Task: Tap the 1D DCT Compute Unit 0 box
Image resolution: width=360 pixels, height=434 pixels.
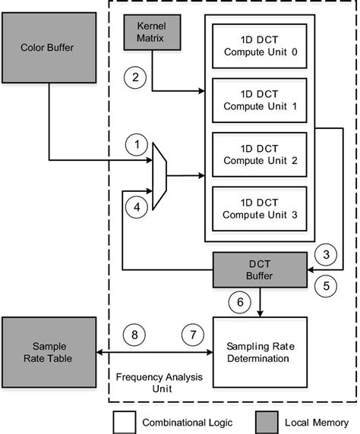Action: pyautogui.click(x=260, y=44)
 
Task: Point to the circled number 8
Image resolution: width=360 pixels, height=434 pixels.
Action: pyautogui.click(x=134, y=333)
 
